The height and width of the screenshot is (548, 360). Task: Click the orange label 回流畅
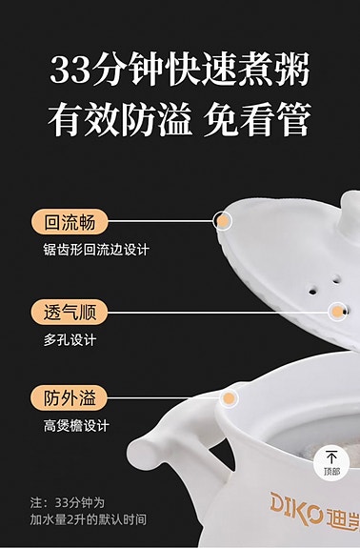(x=70, y=222)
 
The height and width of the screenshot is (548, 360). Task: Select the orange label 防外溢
(x=70, y=397)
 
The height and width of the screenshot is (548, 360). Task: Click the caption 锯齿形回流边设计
(x=96, y=251)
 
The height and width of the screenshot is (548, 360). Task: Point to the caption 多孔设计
(x=70, y=339)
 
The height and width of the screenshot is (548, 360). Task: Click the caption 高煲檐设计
(x=76, y=426)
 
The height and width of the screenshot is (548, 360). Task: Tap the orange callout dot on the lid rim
(x=223, y=222)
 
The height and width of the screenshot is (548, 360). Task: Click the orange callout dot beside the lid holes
(x=337, y=311)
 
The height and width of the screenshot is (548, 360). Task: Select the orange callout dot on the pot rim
(x=229, y=397)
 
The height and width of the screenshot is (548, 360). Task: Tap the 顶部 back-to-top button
(x=330, y=462)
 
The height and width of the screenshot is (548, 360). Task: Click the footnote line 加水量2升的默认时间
(x=88, y=519)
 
